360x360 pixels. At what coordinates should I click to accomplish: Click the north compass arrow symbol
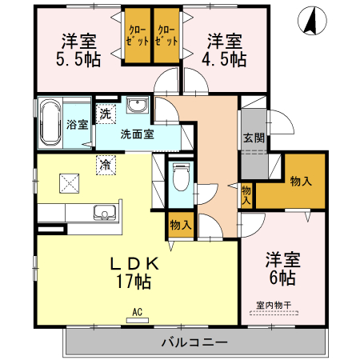pos(309,22)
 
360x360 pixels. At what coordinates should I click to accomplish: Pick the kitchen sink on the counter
pos(105,213)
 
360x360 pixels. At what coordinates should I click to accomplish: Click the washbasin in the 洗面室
pos(134,105)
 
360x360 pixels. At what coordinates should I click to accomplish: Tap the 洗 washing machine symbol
pos(106,114)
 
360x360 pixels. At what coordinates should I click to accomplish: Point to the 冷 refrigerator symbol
pos(105,166)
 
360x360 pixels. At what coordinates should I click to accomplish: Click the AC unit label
pos(137,313)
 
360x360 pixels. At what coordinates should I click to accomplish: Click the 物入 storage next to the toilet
pos(180,226)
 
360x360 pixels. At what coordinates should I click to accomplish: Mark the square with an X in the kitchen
pos(68,183)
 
